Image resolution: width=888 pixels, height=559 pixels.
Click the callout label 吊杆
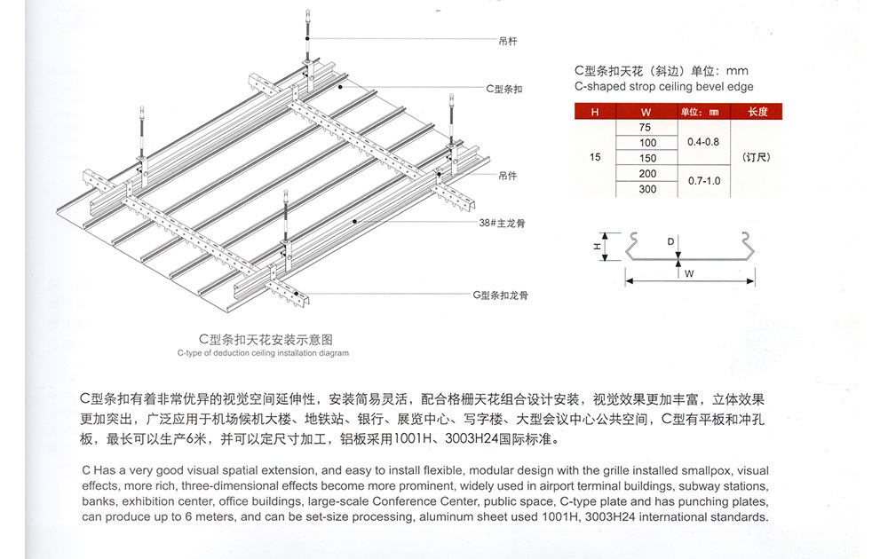point(508,41)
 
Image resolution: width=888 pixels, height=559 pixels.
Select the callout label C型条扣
point(503,89)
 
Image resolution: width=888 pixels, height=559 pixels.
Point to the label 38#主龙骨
point(502,224)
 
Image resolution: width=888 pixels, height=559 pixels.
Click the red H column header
point(595,112)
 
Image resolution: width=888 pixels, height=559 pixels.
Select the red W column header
point(646,112)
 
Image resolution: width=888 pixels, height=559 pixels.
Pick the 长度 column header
point(757,112)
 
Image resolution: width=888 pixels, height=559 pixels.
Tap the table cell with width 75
point(646,128)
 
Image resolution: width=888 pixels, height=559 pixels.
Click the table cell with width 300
point(647,189)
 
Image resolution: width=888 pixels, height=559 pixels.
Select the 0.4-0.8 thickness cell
point(703,142)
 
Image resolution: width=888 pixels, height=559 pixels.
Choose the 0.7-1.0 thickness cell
point(703,181)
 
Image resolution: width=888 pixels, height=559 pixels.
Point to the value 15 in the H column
point(595,158)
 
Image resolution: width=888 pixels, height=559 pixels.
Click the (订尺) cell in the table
point(757,158)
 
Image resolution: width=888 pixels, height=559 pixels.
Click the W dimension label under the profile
point(689,274)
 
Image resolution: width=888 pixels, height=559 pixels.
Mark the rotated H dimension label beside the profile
point(597,247)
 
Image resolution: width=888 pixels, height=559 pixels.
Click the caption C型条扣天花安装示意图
point(266,339)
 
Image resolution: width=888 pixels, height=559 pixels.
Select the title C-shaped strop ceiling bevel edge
point(663,87)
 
